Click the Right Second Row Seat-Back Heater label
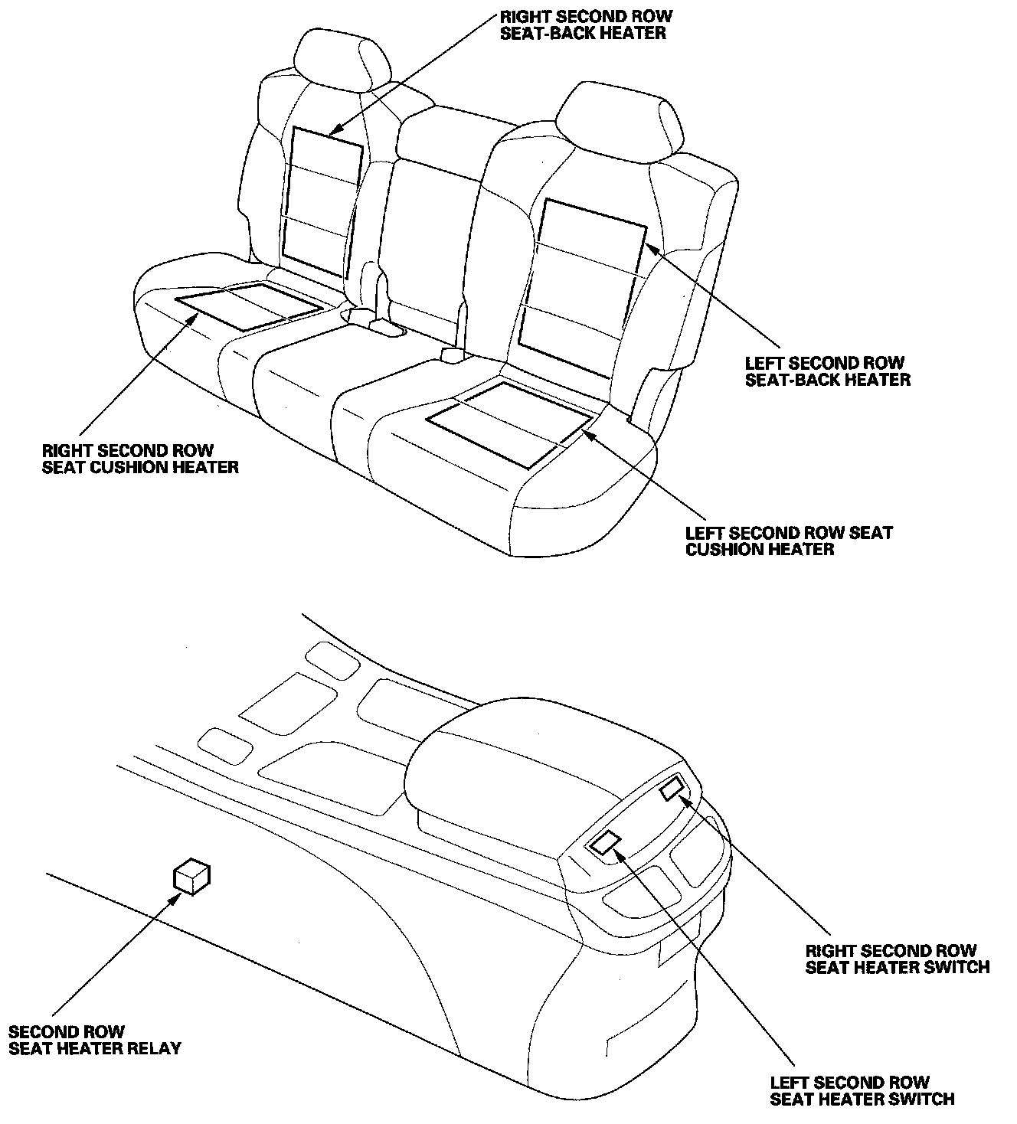pos(585,25)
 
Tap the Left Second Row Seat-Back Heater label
pos(827,371)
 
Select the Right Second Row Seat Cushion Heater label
pos(140,458)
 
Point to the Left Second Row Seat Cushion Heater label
pos(789,541)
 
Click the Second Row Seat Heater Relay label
pos(95,1040)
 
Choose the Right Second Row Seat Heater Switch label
pos(897,959)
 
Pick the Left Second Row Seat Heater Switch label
pos(862,1090)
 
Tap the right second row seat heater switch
pos(672,787)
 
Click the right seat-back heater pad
pos(322,203)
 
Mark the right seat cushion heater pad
pos(250,305)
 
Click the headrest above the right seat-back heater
pos(340,61)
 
